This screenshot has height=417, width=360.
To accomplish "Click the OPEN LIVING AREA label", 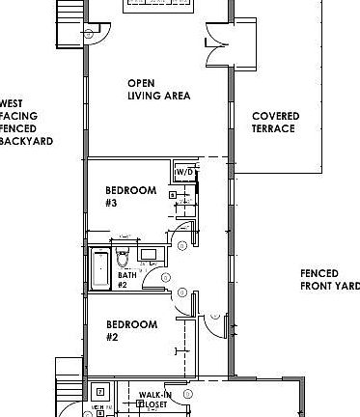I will tap(158, 90).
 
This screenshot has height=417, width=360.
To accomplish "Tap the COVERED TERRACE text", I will tap(275, 123).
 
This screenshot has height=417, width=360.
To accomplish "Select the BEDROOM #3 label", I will tap(129, 197).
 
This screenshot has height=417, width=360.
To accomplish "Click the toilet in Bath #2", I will tap(123, 259).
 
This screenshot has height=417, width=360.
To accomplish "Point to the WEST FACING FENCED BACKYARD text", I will tap(24, 121).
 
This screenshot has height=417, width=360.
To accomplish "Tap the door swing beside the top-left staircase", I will tap(94, 34).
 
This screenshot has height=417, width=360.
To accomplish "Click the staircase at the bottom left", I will tap(69, 386).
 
